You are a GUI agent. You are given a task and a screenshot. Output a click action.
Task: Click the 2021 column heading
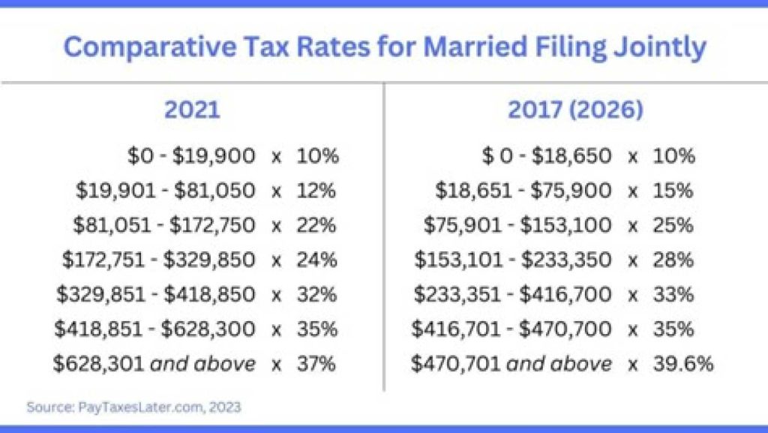[192, 110]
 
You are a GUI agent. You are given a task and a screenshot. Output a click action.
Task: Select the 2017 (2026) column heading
[575, 110]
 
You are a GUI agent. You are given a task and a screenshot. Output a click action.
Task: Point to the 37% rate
[317, 364]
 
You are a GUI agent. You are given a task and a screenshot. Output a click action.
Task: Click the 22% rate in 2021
[316, 225]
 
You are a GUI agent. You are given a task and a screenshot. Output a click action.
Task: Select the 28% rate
[673, 260]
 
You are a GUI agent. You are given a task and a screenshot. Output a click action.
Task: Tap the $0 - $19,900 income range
[191, 156]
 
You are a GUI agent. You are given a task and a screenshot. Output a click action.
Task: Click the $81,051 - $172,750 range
[164, 225]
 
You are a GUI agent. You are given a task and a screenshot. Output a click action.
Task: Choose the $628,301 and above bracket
[154, 364]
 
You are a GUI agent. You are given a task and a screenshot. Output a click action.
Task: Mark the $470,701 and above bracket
[511, 364]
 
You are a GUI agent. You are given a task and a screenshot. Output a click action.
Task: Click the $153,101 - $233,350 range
[513, 260]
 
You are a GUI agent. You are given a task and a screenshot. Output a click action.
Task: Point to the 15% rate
[673, 191]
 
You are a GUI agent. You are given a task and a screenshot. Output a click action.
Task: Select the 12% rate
[316, 191]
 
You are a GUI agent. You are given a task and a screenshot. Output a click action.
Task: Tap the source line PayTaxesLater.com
[133, 407]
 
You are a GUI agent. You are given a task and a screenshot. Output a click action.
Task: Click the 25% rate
[673, 225]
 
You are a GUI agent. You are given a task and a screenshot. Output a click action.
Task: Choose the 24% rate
[316, 260]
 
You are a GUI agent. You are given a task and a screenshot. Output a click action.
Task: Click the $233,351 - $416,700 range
[513, 294]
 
